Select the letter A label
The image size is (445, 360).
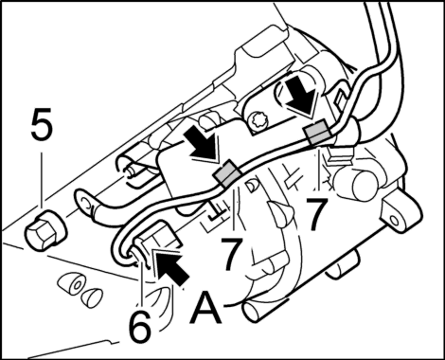coord(205,308)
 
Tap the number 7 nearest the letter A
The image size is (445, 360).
coord(232,254)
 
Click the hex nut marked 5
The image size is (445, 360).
coord(45,231)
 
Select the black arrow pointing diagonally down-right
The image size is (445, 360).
coord(202,145)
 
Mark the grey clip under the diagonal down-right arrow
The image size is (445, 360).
coord(227,172)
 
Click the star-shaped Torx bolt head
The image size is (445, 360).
coord(258,121)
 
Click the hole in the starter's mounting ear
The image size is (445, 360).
coord(393,220)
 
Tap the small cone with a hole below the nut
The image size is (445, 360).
coord(73,284)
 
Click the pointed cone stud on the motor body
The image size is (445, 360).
coord(281,214)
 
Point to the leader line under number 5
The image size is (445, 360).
coord(42,179)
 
